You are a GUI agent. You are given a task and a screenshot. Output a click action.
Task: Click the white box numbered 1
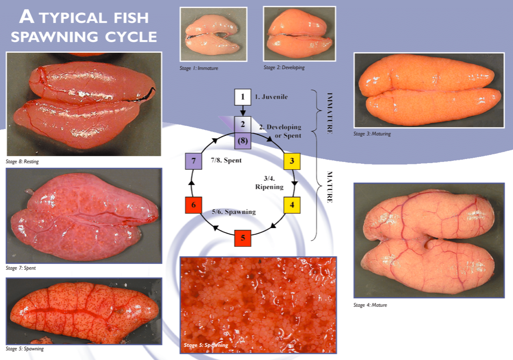coord(243,97)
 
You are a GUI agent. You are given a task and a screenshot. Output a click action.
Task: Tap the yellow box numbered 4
coord(292,205)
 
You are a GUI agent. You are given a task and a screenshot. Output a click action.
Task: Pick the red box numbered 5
coord(243,238)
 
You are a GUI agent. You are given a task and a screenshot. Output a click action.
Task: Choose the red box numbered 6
coord(194,205)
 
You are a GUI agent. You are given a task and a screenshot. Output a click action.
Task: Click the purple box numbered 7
coord(194,161)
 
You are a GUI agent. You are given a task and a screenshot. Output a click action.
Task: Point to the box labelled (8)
coord(243,141)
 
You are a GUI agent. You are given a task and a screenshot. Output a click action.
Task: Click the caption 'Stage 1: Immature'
coord(199,68)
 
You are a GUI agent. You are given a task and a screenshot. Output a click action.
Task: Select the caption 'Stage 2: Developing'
coord(284,67)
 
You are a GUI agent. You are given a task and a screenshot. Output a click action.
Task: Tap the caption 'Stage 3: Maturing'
coord(372,134)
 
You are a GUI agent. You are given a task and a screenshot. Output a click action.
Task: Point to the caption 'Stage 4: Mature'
coord(370,305)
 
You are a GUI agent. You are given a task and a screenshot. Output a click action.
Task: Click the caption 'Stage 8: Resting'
coord(22,162)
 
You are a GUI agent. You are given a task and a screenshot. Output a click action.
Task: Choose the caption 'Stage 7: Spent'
coord(21,268)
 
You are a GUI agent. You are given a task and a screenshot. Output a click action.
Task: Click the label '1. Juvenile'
coord(272,97)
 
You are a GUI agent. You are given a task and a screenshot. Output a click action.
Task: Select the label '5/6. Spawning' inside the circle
coord(234,211)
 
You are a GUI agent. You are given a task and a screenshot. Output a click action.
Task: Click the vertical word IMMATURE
coord(330,113)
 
